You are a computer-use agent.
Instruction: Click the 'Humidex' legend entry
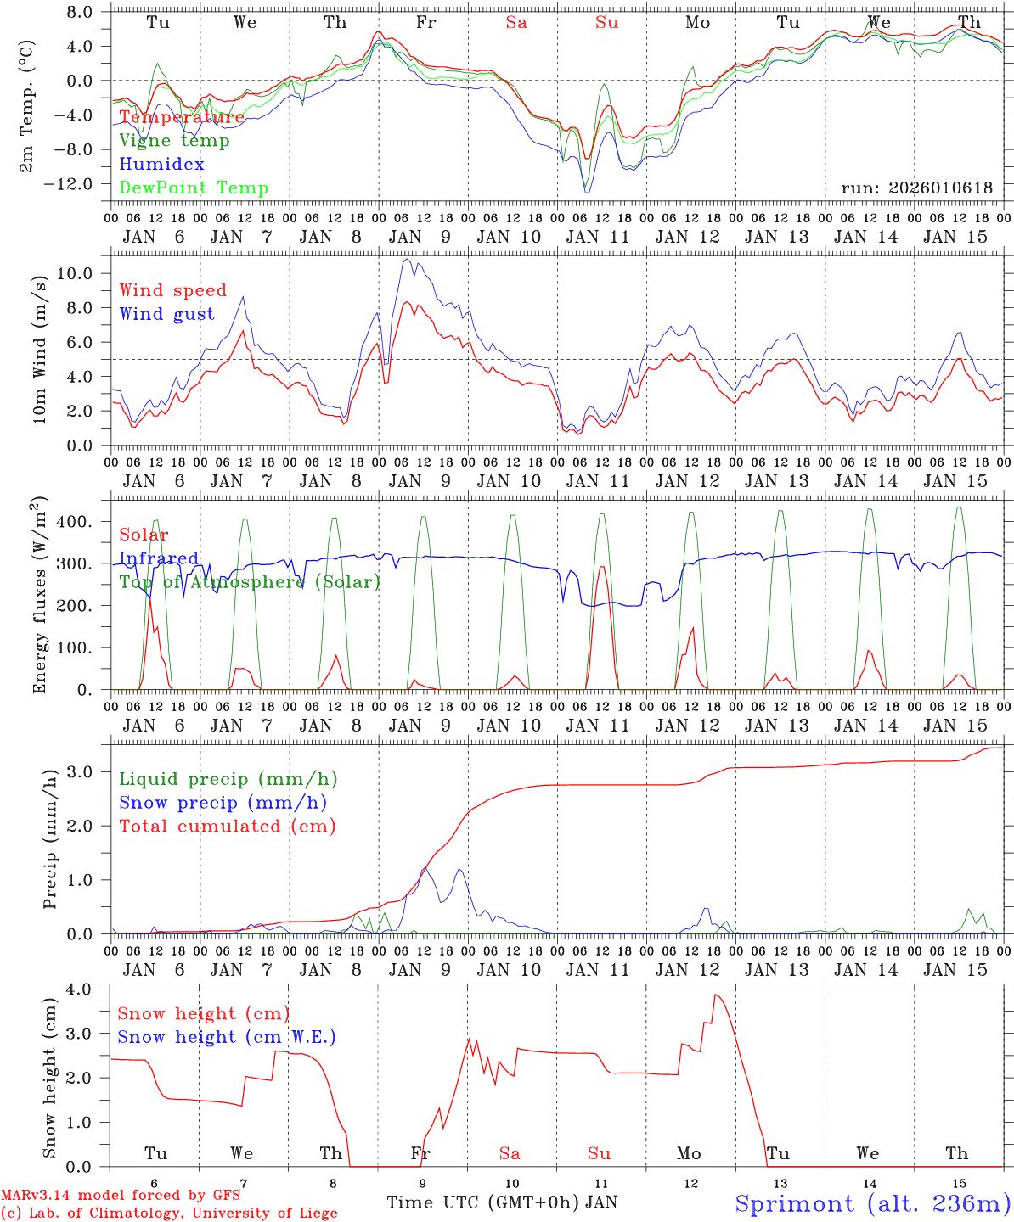click(161, 165)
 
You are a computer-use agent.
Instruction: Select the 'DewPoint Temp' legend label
click(194, 188)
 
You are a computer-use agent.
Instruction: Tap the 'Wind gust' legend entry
click(166, 314)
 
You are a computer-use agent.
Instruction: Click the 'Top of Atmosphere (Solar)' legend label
click(250, 582)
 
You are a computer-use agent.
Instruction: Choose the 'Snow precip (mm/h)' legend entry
click(223, 803)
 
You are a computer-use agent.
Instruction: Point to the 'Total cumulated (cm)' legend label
click(227, 827)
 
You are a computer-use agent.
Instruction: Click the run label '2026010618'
click(916, 188)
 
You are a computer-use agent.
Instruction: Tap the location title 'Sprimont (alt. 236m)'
click(872, 1203)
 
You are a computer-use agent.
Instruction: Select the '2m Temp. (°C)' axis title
click(27, 105)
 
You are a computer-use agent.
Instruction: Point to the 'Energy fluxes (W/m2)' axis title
click(39, 596)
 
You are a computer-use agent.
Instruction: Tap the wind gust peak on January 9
click(407, 259)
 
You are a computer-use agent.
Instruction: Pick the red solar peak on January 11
click(602, 567)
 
